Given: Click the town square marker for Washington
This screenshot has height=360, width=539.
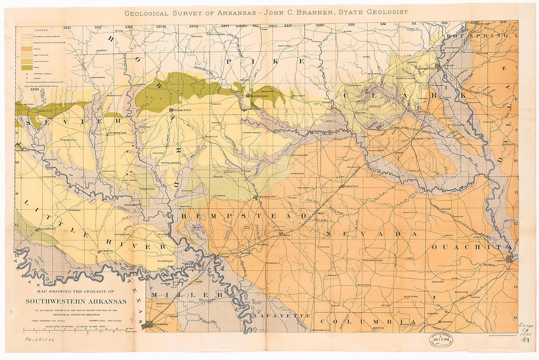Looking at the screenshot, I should tap(255, 197).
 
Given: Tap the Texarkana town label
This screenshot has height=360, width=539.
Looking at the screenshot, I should tap(159, 324).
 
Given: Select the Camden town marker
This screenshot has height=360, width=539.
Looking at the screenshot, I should tap(510, 260).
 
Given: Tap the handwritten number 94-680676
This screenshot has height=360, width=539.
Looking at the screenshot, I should tap(40, 338).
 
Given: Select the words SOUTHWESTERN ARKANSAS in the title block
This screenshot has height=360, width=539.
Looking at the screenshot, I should tap(75, 301).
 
